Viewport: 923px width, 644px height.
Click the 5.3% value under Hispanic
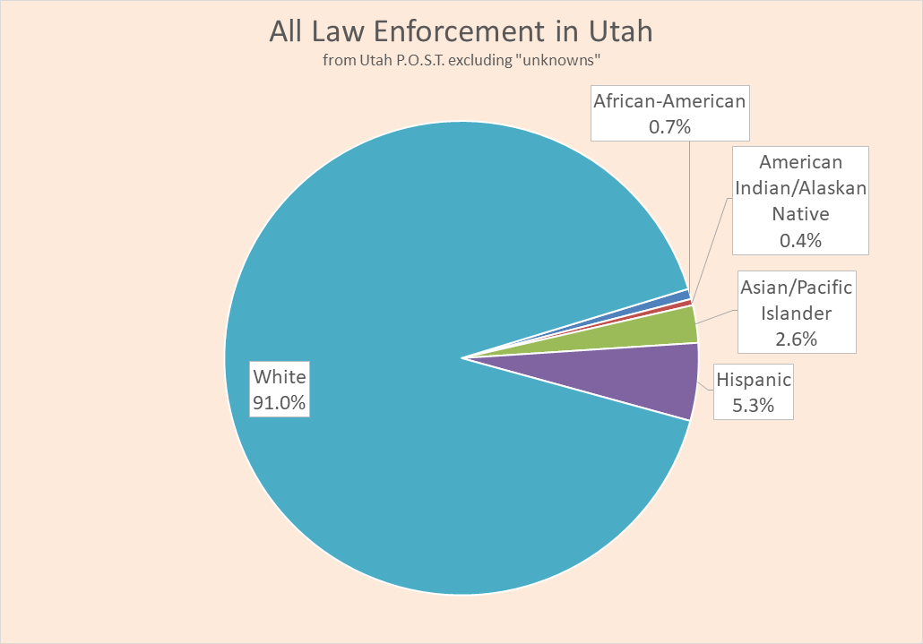[753, 406]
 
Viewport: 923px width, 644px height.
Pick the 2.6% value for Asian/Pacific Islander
[796, 339]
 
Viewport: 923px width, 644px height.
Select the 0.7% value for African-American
[669, 127]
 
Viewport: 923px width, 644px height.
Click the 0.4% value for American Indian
[800, 240]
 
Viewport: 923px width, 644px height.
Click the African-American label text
[669, 101]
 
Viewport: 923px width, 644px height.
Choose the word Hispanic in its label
[754, 380]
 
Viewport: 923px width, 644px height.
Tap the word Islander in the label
[796, 313]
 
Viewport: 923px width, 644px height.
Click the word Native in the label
[800, 214]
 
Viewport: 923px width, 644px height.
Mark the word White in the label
[280, 376]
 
